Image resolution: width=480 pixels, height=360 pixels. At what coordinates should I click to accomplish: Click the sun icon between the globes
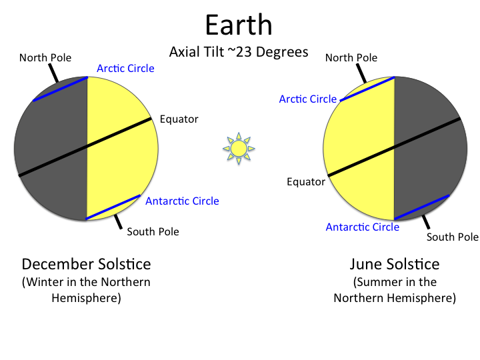(x=239, y=148)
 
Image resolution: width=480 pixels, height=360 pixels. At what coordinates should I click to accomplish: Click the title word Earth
(x=239, y=25)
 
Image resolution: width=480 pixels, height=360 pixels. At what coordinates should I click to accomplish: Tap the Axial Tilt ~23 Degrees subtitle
(x=239, y=52)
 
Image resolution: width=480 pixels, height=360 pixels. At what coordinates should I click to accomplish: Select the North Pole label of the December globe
(x=45, y=58)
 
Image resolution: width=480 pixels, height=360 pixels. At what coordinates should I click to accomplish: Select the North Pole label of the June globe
(x=351, y=58)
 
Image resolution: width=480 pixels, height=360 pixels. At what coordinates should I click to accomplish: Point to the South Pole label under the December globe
(x=153, y=232)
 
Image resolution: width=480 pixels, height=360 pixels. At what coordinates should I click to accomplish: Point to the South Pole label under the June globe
(x=453, y=237)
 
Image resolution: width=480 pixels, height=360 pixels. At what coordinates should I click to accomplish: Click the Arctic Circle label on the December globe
(x=125, y=69)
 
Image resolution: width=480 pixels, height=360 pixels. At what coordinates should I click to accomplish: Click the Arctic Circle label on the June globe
(x=308, y=99)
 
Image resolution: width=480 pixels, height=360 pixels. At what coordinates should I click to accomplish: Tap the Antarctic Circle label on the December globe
(x=182, y=201)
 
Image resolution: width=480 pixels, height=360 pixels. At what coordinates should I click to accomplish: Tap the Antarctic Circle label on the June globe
(x=363, y=227)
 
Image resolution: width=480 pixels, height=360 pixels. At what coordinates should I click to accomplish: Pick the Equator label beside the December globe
(x=179, y=119)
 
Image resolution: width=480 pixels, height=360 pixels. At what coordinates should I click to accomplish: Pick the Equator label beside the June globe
(x=306, y=181)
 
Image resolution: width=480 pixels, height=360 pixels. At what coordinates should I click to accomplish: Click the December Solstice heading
(x=86, y=263)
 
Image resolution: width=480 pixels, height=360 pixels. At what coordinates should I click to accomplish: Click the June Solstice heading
(x=394, y=263)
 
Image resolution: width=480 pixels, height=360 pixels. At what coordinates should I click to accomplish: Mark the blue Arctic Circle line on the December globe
(x=60, y=89)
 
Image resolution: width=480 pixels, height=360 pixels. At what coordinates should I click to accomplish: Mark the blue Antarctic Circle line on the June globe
(x=421, y=207)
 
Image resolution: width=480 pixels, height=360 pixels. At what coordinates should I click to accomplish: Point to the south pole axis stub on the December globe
(x=118, y=221)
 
